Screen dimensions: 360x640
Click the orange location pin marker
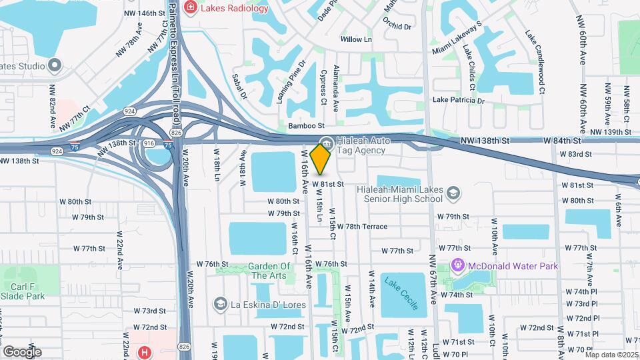click(x=321, y=159)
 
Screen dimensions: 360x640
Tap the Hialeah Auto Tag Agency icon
click(x=326, y=143)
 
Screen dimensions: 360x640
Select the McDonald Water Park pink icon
click(x=459, y=266)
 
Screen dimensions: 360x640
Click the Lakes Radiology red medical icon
click(x=191, y=8)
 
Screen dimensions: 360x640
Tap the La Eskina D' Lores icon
click(x=219, y=305)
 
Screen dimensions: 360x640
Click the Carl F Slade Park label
click(x=22, y=290)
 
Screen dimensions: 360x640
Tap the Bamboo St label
click(x=306, y=125)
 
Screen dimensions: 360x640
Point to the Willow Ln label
click(x=356, y=39)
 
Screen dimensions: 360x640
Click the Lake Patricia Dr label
click(x=458, y=100)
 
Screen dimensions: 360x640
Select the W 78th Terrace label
click(x=362, y=227)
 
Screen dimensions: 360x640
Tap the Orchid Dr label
click(x=397, y=27)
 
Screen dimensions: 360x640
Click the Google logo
click(x=22, y=351)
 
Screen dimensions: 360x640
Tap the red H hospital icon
click(x=143, y=352)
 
